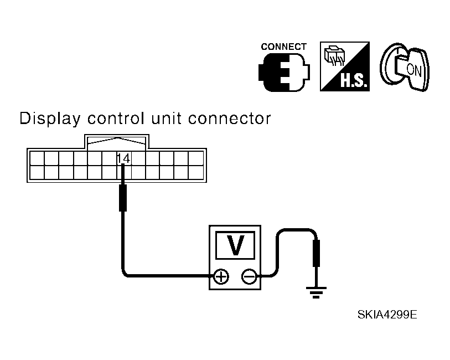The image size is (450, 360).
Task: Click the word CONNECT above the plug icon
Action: (x=283, y=47)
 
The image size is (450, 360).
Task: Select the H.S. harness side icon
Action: (x=345, y=67)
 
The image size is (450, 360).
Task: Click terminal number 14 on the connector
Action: (x=123, y=158)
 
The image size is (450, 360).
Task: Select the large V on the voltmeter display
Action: (x=235, y=245)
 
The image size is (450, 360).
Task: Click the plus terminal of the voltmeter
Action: (x=220, y=276)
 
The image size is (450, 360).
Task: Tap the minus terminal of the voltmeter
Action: (x=249, y=276)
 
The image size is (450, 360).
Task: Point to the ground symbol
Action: (x=316, y=291)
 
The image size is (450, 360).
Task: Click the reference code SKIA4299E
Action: (x=387, y=315)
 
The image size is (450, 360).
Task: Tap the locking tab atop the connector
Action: (x=116, y=141)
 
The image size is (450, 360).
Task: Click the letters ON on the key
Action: (x=413, y=69)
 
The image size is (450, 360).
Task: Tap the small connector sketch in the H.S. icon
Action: (x=333, y=55)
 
